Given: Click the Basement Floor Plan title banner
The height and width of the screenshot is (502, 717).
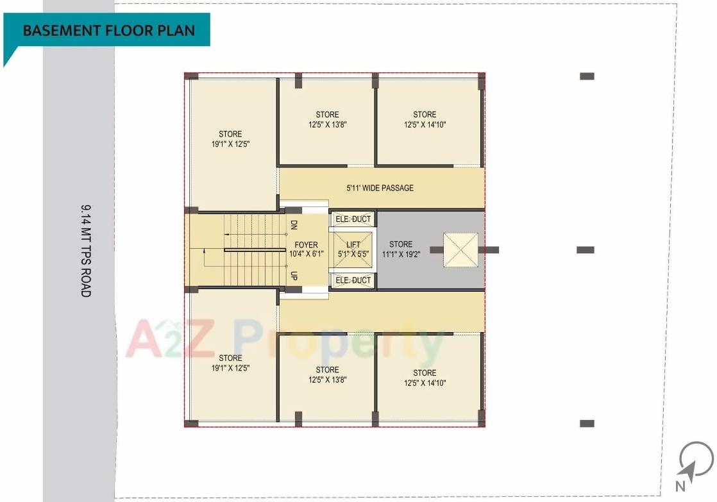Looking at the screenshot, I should point(108,30).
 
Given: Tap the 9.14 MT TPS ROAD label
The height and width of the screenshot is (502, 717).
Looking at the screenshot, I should point(86,250).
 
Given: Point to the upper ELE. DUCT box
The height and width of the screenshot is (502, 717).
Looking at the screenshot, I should point(353,219).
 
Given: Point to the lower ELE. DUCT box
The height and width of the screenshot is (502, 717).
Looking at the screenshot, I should point(353,280).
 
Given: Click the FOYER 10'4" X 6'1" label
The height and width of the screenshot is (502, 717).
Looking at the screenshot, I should point(307,249).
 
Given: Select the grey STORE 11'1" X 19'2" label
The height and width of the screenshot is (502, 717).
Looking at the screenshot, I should point(401,249).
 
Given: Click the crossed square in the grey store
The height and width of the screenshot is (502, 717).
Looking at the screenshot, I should point(461,249).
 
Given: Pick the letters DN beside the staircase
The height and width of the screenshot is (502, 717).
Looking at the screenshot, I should point(294,225).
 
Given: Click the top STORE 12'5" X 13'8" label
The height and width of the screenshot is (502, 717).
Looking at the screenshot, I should point(327,119).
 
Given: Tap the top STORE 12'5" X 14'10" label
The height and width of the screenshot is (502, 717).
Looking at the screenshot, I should point(425,119).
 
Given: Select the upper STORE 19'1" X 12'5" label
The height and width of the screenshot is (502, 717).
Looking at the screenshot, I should point(230,139).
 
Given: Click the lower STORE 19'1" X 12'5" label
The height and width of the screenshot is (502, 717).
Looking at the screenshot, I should point(230,363).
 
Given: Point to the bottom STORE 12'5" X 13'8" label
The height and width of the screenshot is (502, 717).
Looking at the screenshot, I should point(327,374).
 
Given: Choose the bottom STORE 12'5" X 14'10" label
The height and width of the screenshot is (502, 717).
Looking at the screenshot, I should point(425,378).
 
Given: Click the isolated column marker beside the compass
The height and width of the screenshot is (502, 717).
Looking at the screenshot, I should point(587,423).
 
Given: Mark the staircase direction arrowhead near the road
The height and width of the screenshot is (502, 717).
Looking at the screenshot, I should point(204,263).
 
